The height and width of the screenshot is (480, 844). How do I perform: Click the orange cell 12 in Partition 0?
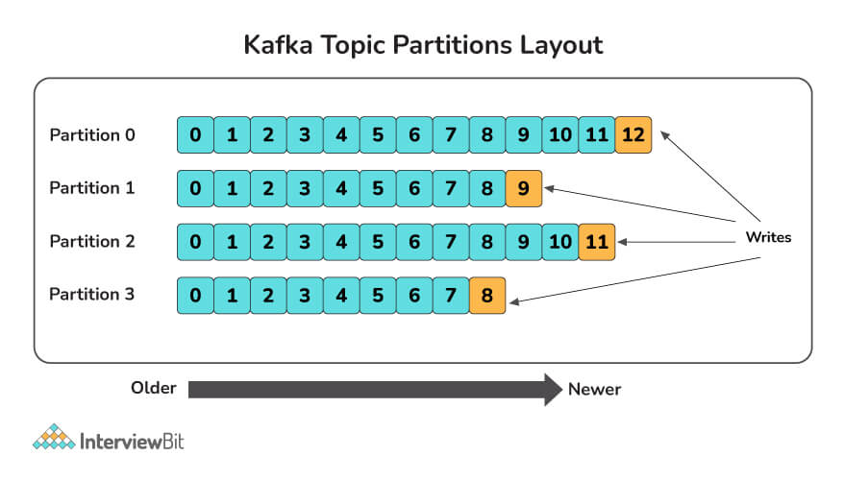click(x=633, y=135)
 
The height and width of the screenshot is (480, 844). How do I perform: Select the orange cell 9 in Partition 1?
click(x=524, y=188)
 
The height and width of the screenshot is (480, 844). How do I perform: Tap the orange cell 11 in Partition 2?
click(x=596, y=242)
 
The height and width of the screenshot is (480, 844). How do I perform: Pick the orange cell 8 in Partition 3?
click(x=487, y=295)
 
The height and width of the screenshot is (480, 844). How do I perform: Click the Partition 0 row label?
click(x=92, y=135)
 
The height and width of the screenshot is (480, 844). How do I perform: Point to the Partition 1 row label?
click(x=91, y=188)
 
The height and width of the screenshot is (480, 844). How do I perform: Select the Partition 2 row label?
click(x=92, y=241)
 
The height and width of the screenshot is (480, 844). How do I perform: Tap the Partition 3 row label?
click(x=91, y=295)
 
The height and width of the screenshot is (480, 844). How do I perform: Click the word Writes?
click(x=768, y=237)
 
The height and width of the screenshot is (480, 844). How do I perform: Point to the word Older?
click(x=154, y=388)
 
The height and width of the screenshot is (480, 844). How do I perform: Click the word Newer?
click(x=594, y=389)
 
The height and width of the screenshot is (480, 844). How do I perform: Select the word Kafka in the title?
click(x=278, y=44)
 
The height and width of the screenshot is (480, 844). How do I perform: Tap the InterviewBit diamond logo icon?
click(x=54, y=437)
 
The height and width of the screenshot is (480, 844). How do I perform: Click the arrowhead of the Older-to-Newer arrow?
click(x=554, y=390)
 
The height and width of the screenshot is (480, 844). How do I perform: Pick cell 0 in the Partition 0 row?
click(x=195, y=135)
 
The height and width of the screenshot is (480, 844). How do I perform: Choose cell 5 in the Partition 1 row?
click(x=378, y=188)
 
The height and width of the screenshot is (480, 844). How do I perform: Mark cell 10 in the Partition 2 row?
click(x=560, y=242)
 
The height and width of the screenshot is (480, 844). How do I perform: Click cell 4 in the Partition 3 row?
click(x=341, y=295)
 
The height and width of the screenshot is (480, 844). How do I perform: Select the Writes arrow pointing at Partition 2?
click(x=677, y=242)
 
